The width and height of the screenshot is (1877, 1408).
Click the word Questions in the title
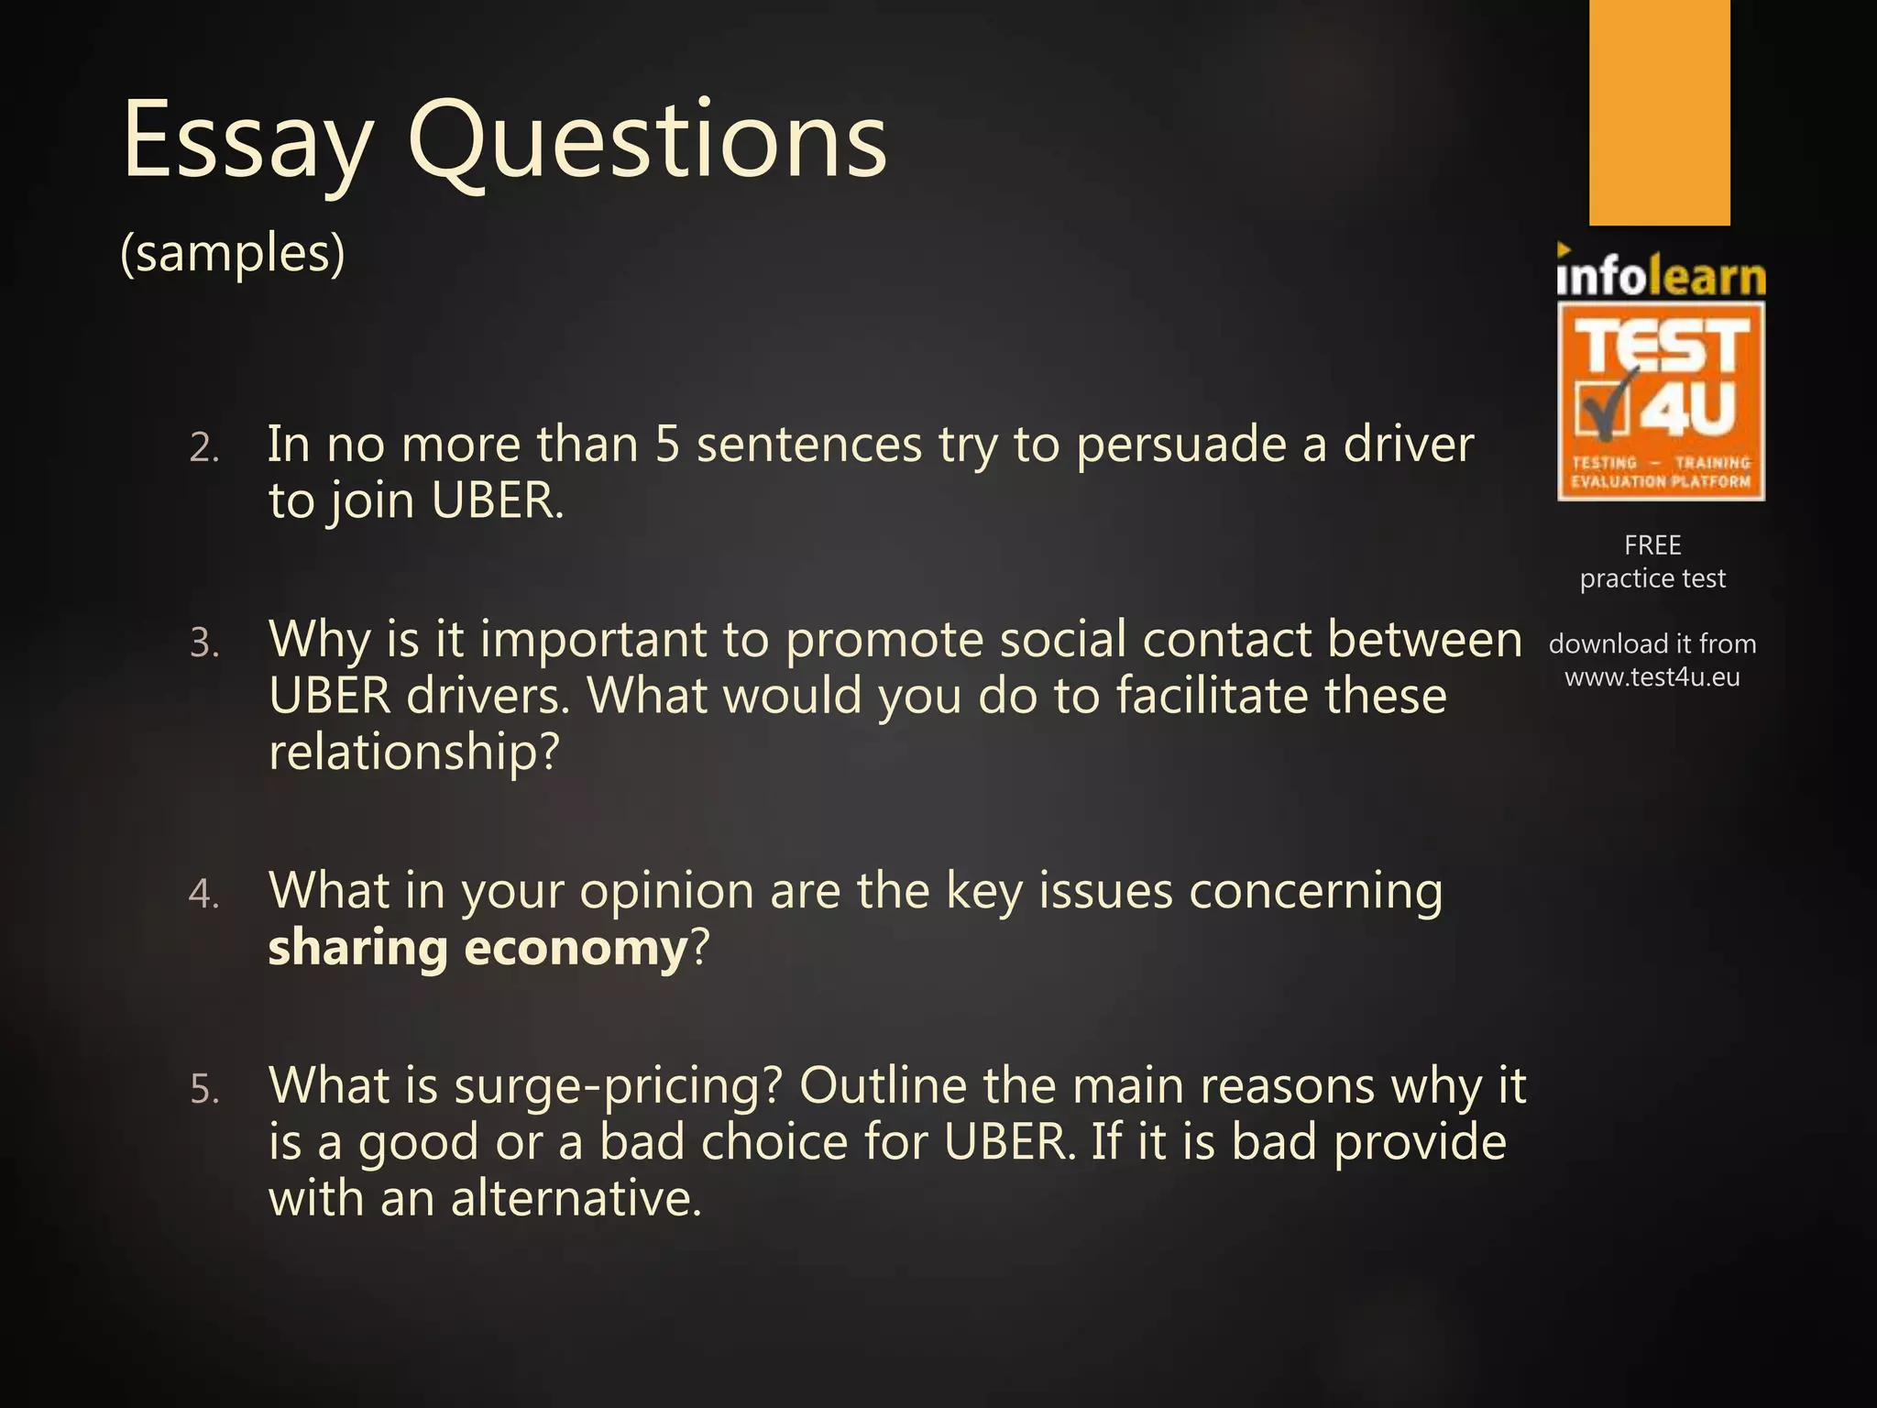(647, 139)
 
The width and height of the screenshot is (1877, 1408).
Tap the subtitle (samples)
(233, 253)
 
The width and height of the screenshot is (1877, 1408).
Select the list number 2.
(204, 449)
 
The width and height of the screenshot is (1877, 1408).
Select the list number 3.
(204, 643)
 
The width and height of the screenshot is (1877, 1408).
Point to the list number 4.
(203, 895)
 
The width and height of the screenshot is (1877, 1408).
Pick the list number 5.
(204, 1090)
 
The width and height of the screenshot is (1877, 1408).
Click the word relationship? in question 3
(413, 753)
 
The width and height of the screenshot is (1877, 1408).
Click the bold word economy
(576, 949)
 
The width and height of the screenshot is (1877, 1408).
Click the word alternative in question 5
(576, 1199)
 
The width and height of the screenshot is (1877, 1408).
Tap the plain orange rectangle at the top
(1659, 112)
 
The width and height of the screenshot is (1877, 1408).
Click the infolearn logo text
(1661, 275)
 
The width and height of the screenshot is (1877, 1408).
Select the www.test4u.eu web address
(1652, 677)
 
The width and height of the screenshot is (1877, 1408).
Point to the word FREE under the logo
(1652, 545)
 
